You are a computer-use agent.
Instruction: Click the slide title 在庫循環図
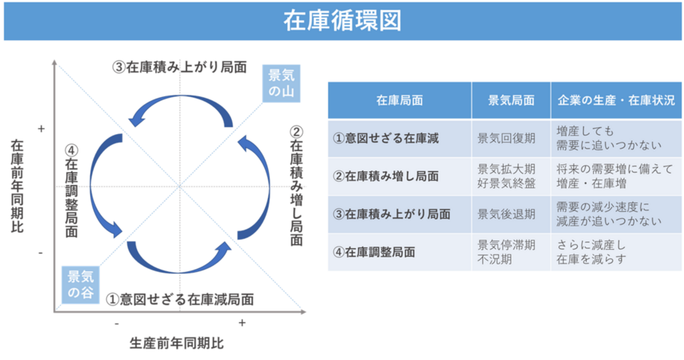342,21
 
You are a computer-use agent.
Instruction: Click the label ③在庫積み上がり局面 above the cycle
180,68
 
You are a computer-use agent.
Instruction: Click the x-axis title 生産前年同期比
176,343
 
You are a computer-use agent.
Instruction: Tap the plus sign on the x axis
242,323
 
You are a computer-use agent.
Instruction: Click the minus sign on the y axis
41,253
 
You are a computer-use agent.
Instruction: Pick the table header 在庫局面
399,101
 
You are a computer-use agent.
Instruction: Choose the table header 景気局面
511,101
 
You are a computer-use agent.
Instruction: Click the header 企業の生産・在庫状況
616,101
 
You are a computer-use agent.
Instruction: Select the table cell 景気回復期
506,138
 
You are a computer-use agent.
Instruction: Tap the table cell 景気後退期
506,214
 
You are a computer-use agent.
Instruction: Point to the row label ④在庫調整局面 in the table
374,252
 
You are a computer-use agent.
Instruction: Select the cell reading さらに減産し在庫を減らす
591,252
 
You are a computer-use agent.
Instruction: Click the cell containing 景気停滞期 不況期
506,252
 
